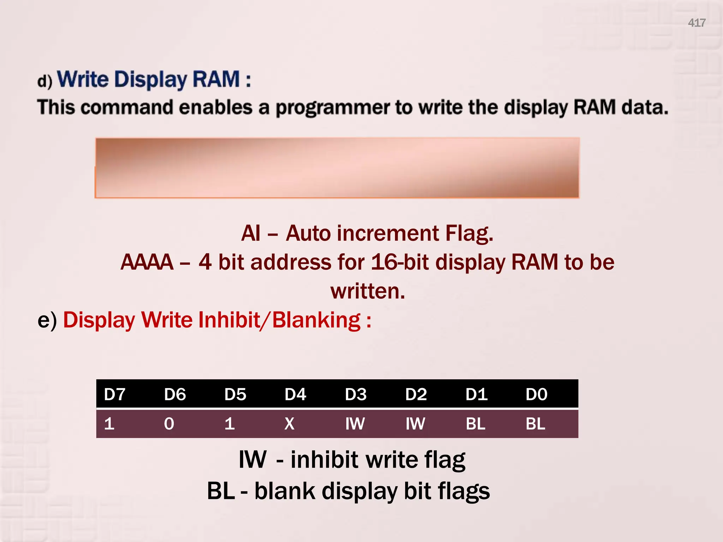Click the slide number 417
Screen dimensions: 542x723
[x=696, y=23]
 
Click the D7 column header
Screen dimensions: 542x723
[x=114, y=394]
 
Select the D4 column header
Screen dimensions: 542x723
[x=295, y=394]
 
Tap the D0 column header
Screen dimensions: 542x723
[x=536, y=394]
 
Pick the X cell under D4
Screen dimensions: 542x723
[x=289, y=423]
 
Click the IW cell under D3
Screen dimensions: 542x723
[x=355, y=423]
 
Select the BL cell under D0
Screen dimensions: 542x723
[x=535, y=423]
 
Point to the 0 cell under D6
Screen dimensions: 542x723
[x=169, y=423]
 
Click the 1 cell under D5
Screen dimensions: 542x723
[x=229, y=423]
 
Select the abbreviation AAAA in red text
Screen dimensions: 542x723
[x=147, y=262]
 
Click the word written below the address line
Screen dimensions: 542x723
[x=368, y=291]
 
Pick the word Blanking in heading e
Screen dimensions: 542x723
[x=316, y=320]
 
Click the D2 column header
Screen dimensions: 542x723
[x=416, y=394]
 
